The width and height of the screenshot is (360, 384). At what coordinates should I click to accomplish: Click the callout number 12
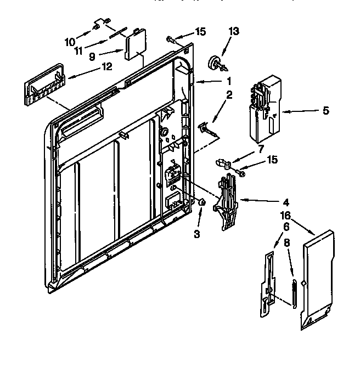[106, 67]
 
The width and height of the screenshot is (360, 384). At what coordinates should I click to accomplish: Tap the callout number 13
[234, 32]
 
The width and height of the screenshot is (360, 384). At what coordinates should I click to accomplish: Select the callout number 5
[325, 110]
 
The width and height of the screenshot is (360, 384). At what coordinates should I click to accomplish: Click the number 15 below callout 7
[271, 160]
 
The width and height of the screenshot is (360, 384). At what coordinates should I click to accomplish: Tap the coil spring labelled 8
[294, 296]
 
